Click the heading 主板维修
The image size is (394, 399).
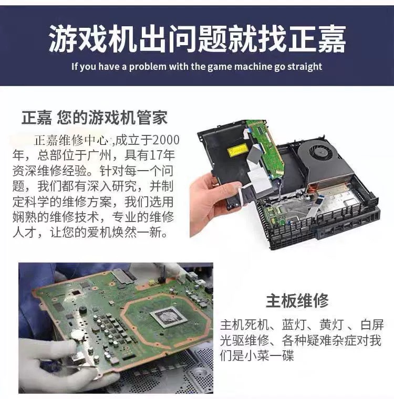click(297, 301)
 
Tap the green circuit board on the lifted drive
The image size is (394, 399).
click(265, 147)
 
